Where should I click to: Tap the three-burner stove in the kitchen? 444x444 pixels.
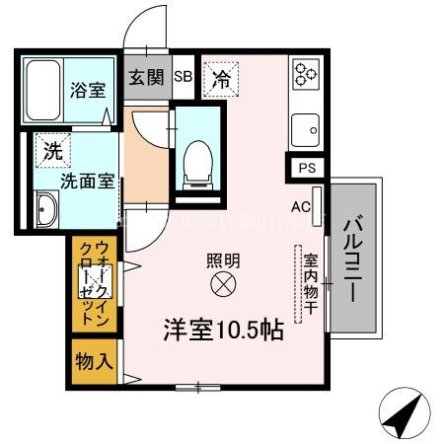click(x=304, y=73)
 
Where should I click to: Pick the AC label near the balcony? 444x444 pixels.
click(x=301, y=207)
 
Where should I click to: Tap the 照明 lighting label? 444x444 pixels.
click(x=221, y=261)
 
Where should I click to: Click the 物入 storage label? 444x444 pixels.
click(x=95, y=361)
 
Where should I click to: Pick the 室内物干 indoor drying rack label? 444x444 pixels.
click(x=311, y=281)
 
